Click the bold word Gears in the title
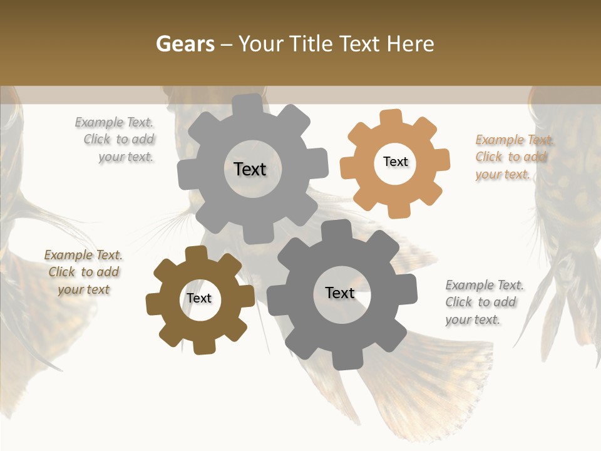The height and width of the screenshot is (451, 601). pos(185,44)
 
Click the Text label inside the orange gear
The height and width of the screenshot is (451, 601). pos(395,162)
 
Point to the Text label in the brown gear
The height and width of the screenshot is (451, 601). pos(199,298)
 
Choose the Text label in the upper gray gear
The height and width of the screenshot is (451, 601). pos(250,169)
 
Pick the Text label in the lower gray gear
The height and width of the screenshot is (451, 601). pos(340,293)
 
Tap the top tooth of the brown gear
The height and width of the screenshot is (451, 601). pos(196,254)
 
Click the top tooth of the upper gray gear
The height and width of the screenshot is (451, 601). pos(248,104)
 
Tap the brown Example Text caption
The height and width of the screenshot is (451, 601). pos(83,272)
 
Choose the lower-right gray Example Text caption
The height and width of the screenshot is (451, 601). pos(483,302)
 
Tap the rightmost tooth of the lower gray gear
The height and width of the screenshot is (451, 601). pos(408,289)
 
